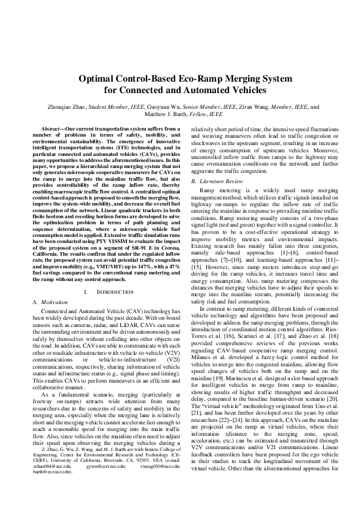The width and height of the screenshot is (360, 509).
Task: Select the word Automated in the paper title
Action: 215,91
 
